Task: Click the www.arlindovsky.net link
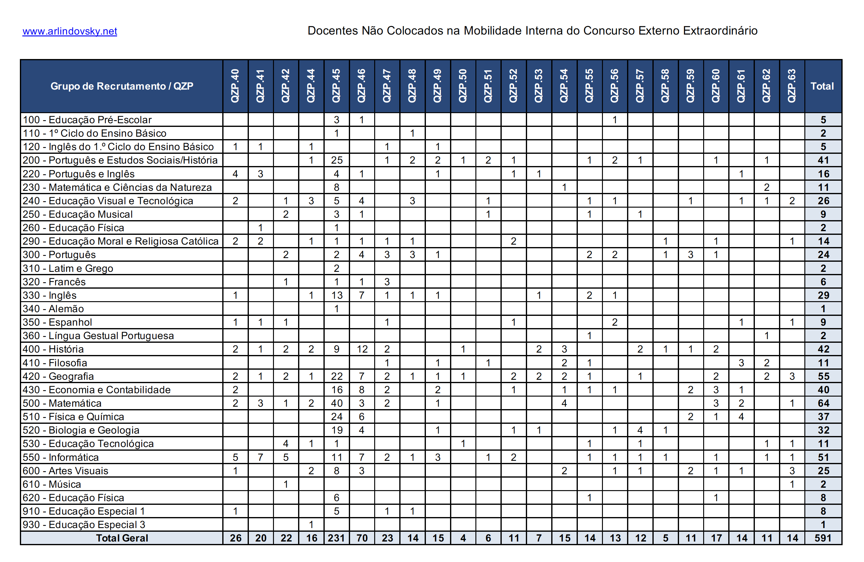pos(70,31)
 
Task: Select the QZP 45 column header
pos(336,86)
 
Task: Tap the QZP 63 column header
pos(792,86)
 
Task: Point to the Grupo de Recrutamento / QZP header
pos(122,86)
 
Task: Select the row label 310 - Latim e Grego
pos(68,268)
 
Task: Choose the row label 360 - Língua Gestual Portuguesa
pos(98,335)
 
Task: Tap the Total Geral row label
pos(122,538)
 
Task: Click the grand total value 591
pos(823,538)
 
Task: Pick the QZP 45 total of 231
pos(336,538)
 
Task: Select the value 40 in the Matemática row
pos(337,403)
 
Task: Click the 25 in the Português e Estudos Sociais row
pos(337,160)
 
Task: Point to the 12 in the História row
pos(362,349)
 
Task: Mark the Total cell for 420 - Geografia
pos(823,376)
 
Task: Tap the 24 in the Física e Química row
pos(337,416)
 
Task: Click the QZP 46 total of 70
pos(362,538)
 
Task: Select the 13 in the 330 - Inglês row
pos(337,295)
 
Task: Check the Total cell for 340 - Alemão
pos(823,309)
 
